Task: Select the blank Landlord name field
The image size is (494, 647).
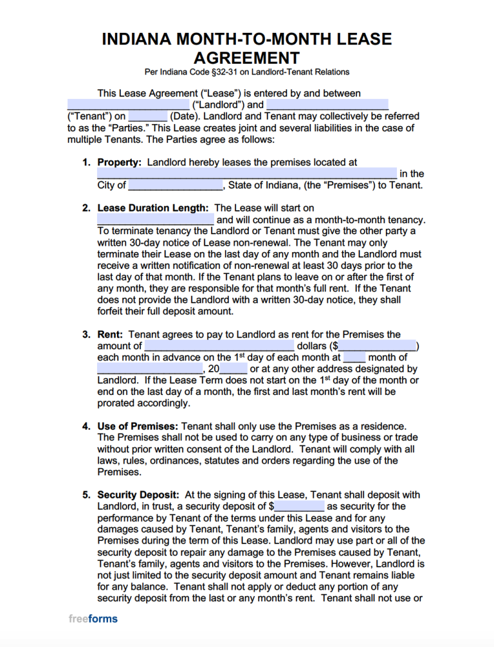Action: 127,105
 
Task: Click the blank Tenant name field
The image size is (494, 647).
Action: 327,105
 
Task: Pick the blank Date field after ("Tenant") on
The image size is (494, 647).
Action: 148,116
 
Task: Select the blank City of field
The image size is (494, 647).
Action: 175,185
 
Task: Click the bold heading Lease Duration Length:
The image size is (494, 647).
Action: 152,208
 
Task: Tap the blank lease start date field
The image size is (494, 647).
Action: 155,219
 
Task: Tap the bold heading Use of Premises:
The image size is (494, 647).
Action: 137,426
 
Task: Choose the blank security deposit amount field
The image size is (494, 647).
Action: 300,507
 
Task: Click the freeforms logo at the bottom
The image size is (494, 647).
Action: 93,619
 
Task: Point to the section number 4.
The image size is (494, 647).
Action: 86,426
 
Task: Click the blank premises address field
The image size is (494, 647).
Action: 246,174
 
